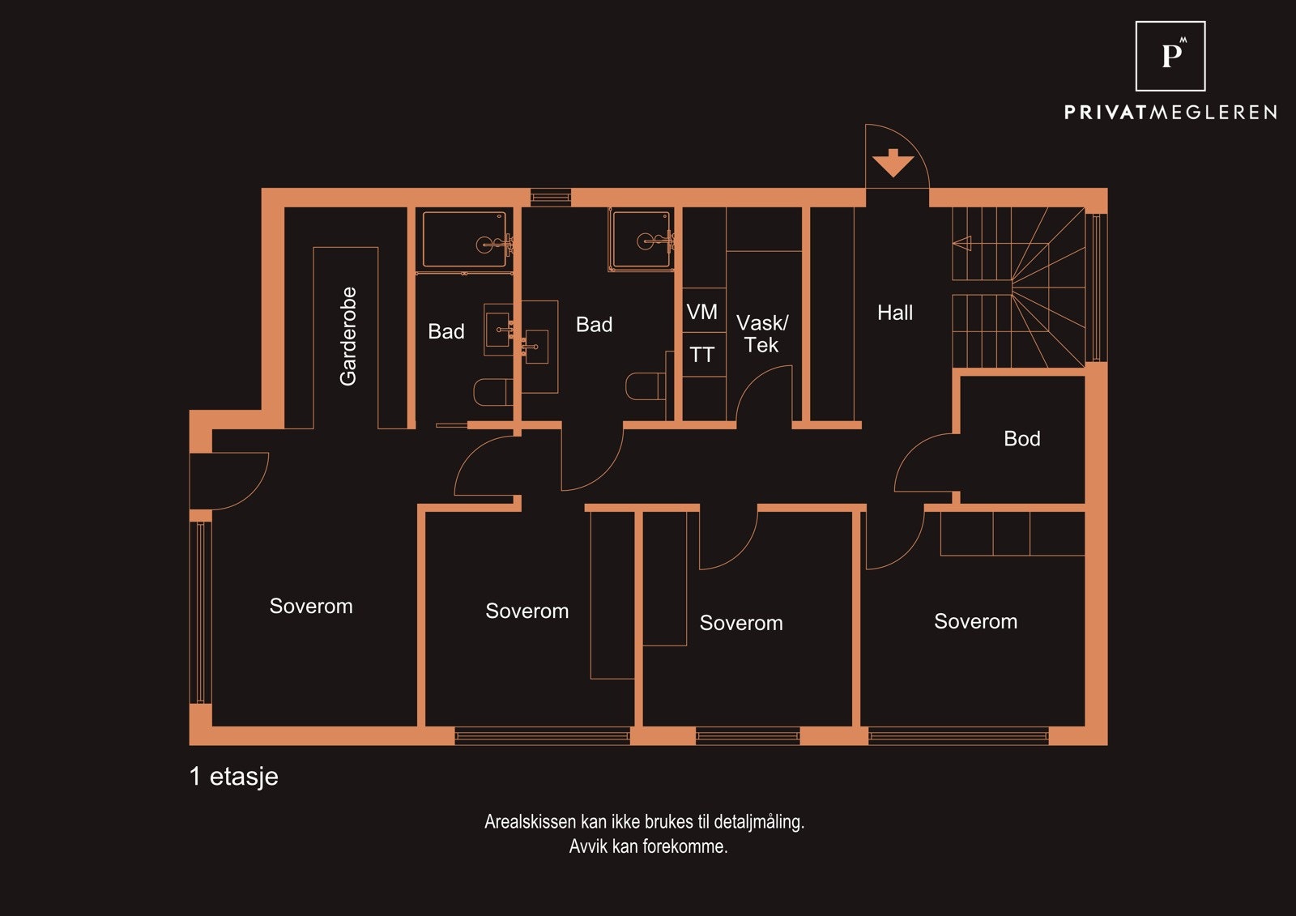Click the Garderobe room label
(x=348, y=336)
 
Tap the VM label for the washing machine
(x=701, y=312)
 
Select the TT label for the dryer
(x=701, y=355)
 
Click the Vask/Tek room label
(x=761, y=334)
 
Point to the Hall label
(x=894, y=313)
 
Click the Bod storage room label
(x=1021, y=439)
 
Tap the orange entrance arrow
(x=893, y=163)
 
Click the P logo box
(x=1170, y=56)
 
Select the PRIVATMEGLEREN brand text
(x=1170, y=113)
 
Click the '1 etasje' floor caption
(x=233, y=777)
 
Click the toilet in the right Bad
(x=646, y=386)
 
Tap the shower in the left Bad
(x=465, y=240)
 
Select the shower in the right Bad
(x=642, y=239)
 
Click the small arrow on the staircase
(x=961, y=243)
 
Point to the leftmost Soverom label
(x=311, y=607)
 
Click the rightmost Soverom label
(x=975, y=622)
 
